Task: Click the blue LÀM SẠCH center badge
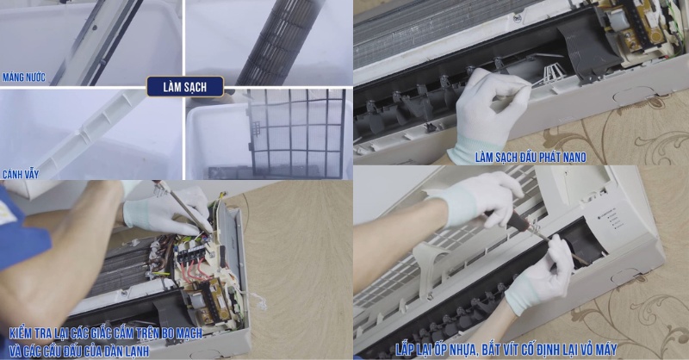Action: [x=184, y=86]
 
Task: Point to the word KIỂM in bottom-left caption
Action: [x=25, y=333]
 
